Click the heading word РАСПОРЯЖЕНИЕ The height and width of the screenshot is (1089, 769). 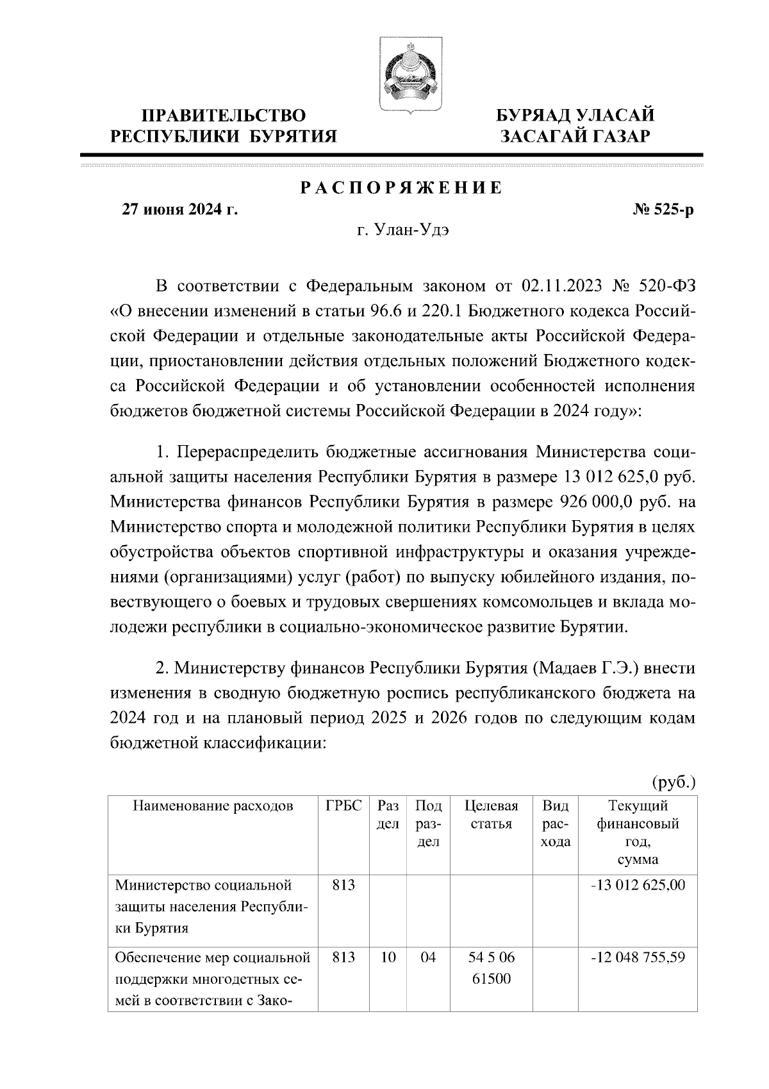coord(401,188)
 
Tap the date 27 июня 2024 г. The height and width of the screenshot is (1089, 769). coord(180,210)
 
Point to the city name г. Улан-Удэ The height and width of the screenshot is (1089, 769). coord(402,231)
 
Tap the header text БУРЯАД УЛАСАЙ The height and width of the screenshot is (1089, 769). coord(576,115)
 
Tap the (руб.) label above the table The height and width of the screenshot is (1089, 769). coord(674,782)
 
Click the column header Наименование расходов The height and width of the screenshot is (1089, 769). coord(213,806)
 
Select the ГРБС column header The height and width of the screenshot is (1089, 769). coord(344,806)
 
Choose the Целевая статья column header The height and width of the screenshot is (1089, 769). coord(491,815)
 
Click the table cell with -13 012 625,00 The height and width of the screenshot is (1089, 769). coord(638,886)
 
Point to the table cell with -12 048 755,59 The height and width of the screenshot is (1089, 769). coord(638,958)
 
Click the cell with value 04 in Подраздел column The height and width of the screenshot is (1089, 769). coord(428,958)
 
